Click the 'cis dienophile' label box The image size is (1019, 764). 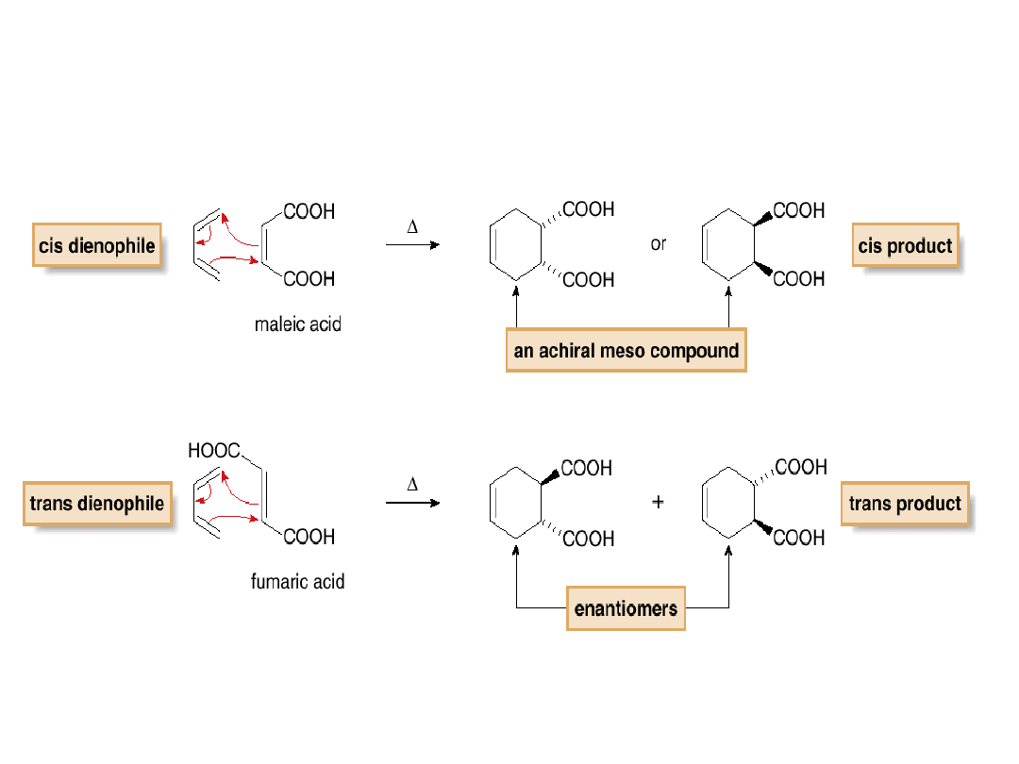[x=96, y=246]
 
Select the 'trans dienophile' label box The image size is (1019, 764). [x=97, y=504]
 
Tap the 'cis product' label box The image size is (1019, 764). [x=905, y=246]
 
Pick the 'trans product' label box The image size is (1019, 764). [x=905, y=504]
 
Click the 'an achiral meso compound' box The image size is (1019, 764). [x=626, y=351]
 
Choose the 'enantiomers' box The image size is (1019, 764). [x=626, y=609]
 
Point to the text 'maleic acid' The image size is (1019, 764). [x=298, y=325]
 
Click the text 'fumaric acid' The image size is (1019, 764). [x=297, y=582]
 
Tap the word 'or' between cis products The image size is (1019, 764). [x=659, y=244]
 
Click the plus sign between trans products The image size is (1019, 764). [x=658, y=502]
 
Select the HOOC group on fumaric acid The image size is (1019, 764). [x=214, y=451]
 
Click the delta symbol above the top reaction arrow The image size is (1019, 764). [x=412, y=227]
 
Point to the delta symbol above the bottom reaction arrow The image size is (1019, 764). [x=412, y=485]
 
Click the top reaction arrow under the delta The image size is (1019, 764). [x=412, y=245]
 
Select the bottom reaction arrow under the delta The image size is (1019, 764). [x=412, y=503]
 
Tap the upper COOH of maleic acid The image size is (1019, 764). [x=309, y=211]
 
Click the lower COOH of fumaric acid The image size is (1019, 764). [x=309, y=537]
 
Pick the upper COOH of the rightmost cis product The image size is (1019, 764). [x=799, y=210]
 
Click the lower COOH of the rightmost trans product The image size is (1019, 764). [x=799, y=538]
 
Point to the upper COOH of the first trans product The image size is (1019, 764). [x=587, y=468]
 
